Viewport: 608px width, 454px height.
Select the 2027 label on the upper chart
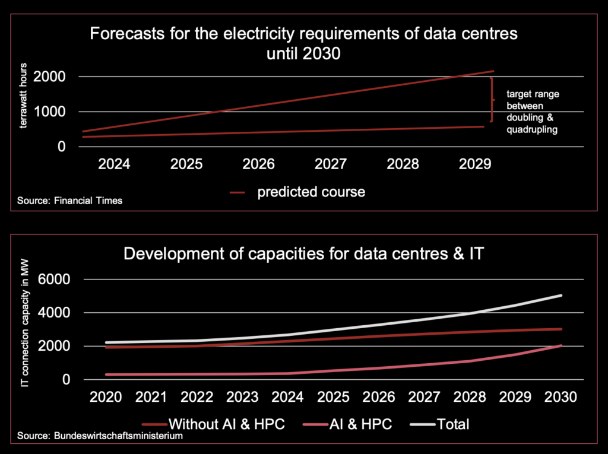(331, 164)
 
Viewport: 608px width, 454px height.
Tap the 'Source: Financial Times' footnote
(70, 201)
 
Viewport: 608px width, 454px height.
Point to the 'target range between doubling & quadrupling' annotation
(531, 112)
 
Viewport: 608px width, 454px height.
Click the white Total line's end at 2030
(560, 296)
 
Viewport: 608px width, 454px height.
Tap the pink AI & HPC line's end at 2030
(560, 345)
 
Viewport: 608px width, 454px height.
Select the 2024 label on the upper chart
(114, 164)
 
